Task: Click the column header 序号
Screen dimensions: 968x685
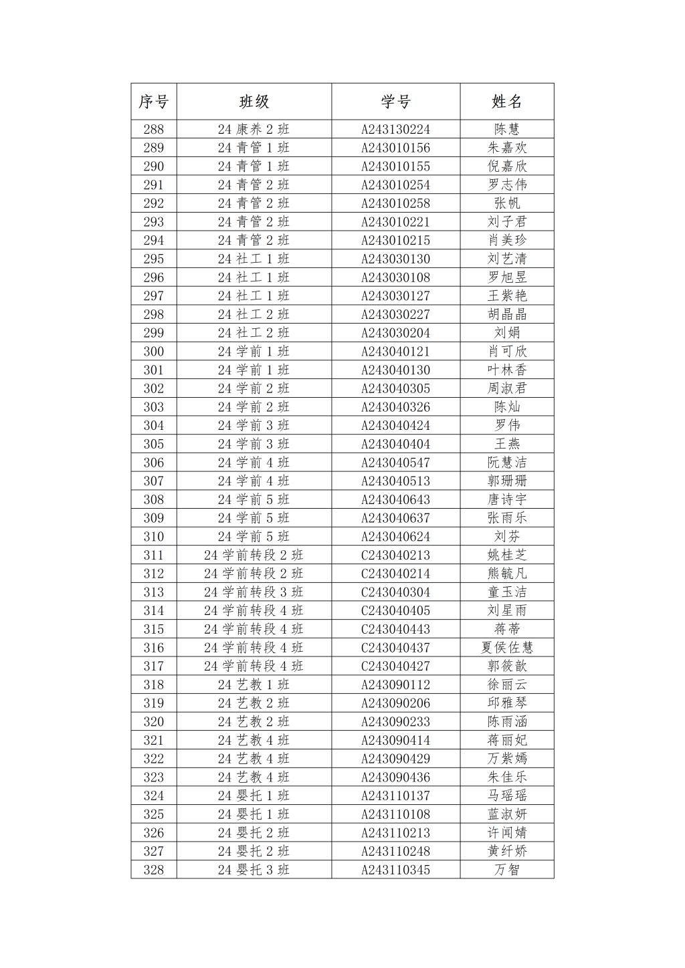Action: pos(153,102)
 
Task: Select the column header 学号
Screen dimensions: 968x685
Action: pos(395,102)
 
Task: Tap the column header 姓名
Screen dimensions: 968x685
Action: pos(506,102)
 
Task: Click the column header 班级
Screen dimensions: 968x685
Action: pos(254,102)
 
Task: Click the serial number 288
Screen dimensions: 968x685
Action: pos(153,130)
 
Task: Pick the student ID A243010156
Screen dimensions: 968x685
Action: pos(395,148)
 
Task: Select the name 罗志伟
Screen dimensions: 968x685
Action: pos(506,185)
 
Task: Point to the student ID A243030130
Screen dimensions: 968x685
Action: pos(395,259)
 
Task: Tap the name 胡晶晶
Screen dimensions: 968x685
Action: pos(506,315)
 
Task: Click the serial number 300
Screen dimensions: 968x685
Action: pos(153,352)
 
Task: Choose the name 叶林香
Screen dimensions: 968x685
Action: pos(506,370)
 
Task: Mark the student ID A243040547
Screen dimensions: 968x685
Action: pos(395,463)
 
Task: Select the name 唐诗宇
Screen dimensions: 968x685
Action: pos(506,500)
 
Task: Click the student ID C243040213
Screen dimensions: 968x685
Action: pos(395,556)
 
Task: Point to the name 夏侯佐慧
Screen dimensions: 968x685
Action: pos(506,648)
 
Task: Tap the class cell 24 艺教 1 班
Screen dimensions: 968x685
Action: pos(254,685)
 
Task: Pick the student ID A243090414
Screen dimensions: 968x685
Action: pos(395,741)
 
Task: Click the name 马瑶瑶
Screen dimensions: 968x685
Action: pos(506,796)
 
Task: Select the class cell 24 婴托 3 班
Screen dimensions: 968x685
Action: pos(254,870)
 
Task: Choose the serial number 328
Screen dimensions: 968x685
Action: pos(153,870)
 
